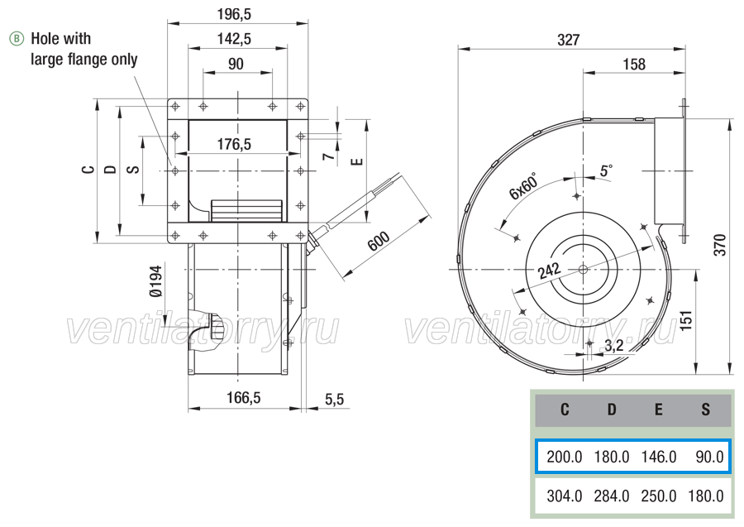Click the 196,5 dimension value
234,15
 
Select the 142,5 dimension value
234,39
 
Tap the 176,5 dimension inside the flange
234,144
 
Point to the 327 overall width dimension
569,40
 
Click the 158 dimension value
634,65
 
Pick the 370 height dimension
720,245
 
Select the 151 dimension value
685,320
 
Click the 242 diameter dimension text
550,271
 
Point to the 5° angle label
606,170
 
